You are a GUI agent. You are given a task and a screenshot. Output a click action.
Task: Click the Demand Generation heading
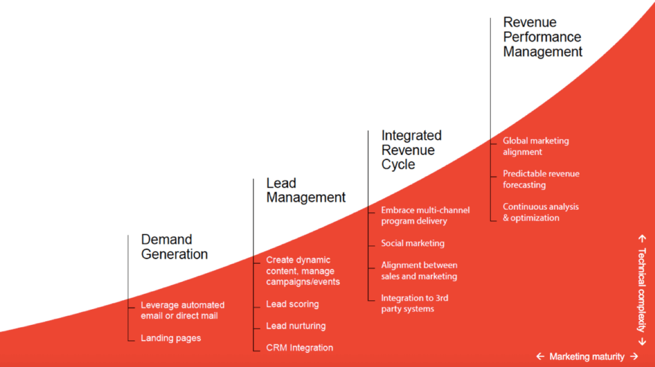coord(175,247)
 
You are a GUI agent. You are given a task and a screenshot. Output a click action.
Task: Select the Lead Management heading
coord(306,190)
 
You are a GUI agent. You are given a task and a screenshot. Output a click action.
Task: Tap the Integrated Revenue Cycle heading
coord(412,150)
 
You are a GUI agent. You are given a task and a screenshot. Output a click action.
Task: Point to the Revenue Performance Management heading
coord(543,37)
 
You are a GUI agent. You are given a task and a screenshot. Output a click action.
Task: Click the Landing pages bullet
coord(171,338)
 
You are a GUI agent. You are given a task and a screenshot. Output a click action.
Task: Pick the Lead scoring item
coord(293,304)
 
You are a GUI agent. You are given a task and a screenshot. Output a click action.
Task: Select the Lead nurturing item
coord(296,325)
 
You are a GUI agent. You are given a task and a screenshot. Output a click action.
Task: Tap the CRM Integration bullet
coord(300,348)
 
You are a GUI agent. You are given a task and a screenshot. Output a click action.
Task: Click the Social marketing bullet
coord(413,243)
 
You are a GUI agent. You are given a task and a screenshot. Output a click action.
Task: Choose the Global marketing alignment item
coord(536,146)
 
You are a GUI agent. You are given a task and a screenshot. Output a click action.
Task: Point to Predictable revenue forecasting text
coord(541,179)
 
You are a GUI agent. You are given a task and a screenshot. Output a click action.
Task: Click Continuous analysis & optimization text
coord(541,212)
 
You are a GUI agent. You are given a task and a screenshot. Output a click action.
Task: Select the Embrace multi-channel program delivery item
coord(425,215)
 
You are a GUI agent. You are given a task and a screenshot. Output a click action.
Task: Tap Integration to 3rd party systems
coord(415,304)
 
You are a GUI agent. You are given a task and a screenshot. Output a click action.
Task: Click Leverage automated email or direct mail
coord(182,310)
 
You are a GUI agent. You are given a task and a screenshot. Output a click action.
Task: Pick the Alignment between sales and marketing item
coord(419,270)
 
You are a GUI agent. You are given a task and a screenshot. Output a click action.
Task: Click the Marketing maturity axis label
coord(587,357)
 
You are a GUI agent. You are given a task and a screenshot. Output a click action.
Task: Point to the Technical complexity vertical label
coord(642,290)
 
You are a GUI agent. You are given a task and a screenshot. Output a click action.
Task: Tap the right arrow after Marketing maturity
coord(634,356)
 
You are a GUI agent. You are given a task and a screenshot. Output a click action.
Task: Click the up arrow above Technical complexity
coord(642,239)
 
